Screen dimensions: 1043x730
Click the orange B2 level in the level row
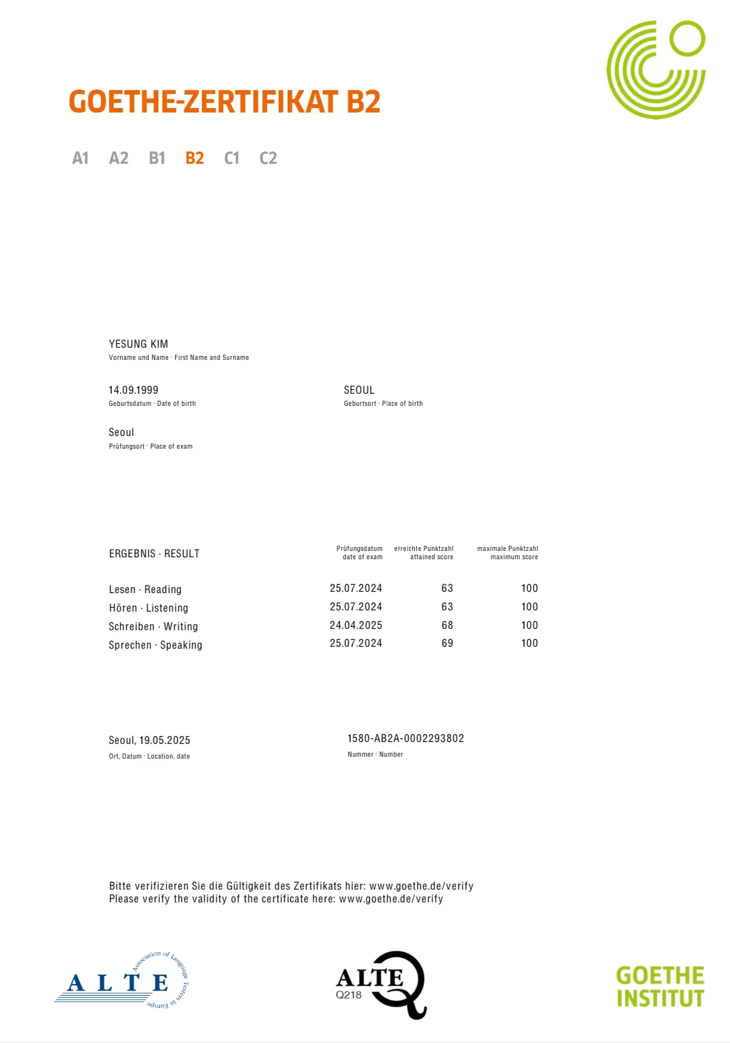tap(194, 158)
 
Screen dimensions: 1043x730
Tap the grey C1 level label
tap(231, 158)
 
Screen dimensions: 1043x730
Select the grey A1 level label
tap(81, 158)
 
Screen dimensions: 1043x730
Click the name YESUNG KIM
tap(139, 344)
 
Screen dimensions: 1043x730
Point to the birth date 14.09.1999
tap(134, 390)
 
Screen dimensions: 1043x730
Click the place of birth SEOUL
tap(359, 390)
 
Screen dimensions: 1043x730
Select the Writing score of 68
tap(447, 625)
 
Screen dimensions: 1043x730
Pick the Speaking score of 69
tap(447, 643)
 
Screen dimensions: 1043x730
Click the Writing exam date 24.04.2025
tap(356, 625)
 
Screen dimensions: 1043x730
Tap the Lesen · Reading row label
tap(145, 589)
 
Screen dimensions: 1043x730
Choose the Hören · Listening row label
tap(148, 608)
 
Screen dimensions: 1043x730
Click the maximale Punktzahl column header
tap(508, 553)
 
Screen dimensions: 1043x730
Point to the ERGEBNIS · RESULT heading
tap(154, 553)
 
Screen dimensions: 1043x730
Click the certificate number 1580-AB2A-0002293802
tap(406, 738)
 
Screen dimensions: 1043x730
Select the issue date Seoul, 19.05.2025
tap(150, 740)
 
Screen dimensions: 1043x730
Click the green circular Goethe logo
tap(656, 70)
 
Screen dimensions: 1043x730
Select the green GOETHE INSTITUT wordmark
tap(660, 987)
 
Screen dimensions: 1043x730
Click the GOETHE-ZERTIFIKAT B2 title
tap(224, 102)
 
